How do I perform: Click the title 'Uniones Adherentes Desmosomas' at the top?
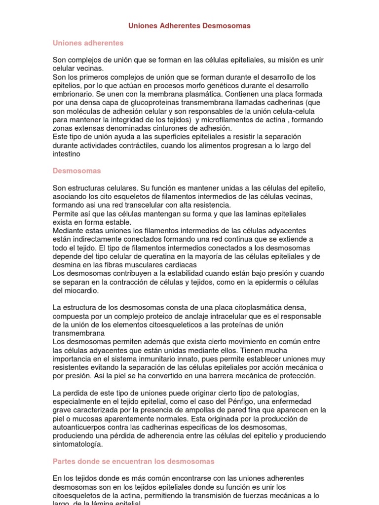pyautogui.click(x=189, y=26)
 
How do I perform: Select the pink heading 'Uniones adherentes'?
pyautogui.click(x=88, y=43)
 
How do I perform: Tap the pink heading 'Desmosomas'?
pyautogui.click(x=77, y=171)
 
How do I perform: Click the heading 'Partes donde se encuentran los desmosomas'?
pyautogui.click(x=133, y=461)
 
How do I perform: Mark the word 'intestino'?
pyautogui.click(x=67, y=154)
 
